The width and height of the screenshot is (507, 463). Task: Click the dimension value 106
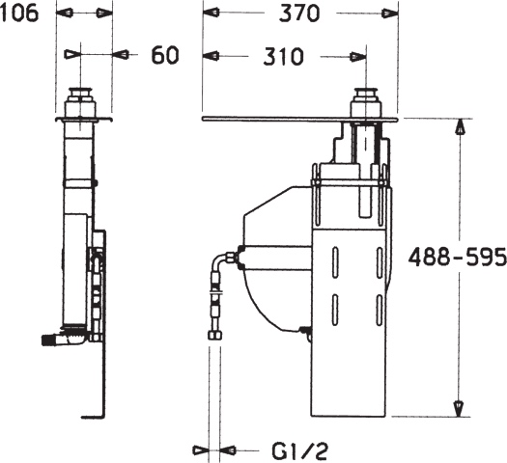coord(19,14)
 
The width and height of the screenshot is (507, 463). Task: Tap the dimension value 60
coord(165,55)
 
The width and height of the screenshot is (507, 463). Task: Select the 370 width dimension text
coord(299,14)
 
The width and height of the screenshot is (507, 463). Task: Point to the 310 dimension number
coord(283,57)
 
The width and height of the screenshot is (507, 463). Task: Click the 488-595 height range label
coord(457,258)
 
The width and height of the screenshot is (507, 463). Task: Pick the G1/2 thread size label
coord(299,451)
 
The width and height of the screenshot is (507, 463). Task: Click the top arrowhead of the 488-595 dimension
coord(460,126)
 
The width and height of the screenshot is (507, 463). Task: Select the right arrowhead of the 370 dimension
coord(390,14)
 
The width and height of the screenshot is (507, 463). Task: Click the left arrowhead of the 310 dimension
coord(211,56)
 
